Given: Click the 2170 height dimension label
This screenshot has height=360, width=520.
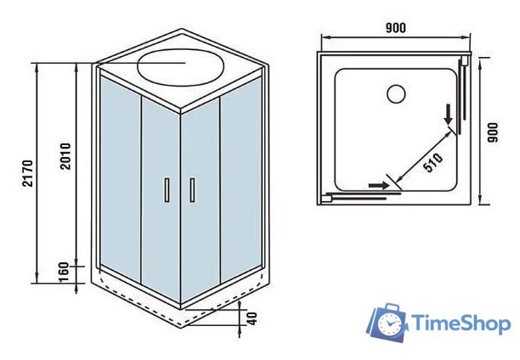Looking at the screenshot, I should click(x=28, y=172).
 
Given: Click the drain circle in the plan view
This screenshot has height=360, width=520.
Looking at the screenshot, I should click(x=396, y=93).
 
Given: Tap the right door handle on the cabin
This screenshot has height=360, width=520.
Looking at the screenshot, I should click(x=193, y=189).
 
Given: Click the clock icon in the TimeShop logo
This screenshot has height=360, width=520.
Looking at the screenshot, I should click(x=390, y=325).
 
